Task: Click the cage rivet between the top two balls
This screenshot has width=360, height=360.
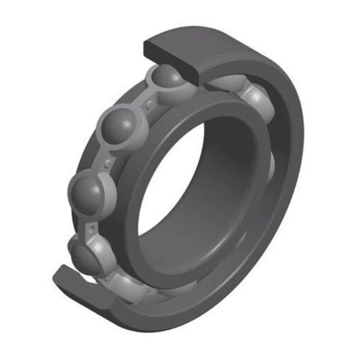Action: (x=148, y=104)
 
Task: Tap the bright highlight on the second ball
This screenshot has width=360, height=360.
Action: (x=112, y=119)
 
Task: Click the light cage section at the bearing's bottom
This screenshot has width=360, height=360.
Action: (x=135, y=288)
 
